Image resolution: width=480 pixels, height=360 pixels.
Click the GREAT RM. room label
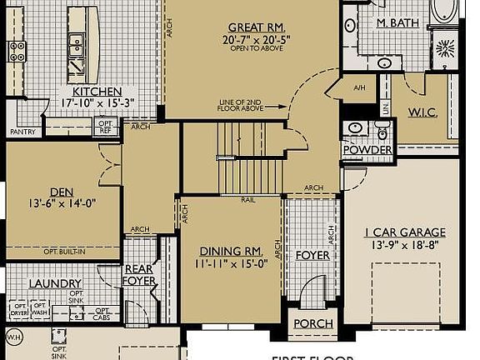[x=252, y=27]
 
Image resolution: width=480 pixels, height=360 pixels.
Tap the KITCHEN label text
[x=97, y=92]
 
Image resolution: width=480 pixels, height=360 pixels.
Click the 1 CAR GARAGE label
[x=406, y=232]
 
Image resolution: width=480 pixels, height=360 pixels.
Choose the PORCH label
[x=313, y=323]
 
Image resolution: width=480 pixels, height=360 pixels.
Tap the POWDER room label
[x=367, y=150]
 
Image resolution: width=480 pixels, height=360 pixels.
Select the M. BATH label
[x=397, y=22]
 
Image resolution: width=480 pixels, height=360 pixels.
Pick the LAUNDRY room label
[x=55, y=283]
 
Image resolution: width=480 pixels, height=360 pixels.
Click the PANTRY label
[x=22, y=132]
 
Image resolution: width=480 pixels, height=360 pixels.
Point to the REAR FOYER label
[x=139, y=275]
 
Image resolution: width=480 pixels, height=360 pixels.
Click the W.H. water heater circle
[x=13, y=337]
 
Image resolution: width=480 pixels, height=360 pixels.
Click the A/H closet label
[x=359, y=87]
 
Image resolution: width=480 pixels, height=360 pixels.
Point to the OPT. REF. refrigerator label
[x=106, y=127]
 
